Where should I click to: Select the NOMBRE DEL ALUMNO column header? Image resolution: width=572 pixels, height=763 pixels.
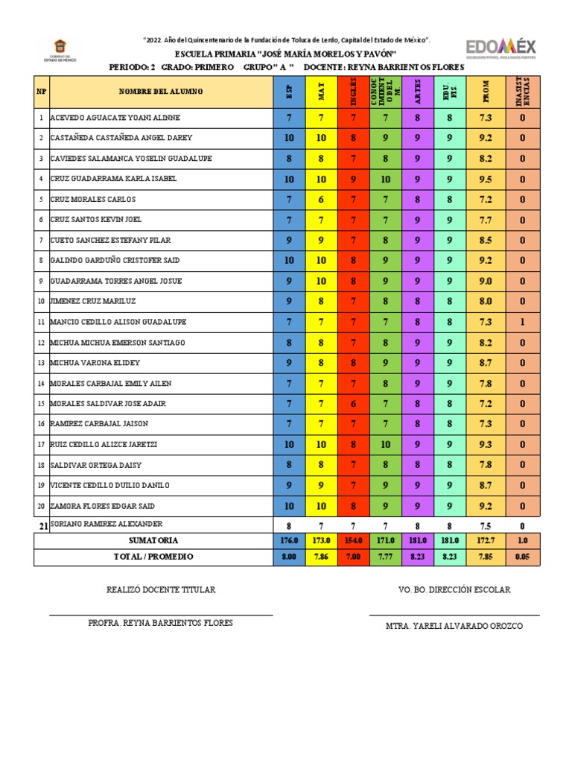pyautogui.click(x=159, y=92)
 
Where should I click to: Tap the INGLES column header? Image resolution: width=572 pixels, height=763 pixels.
pyautogui.click(x=354, y=91)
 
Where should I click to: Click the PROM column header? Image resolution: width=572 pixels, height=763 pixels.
pyautogui.click(x=486, y=91)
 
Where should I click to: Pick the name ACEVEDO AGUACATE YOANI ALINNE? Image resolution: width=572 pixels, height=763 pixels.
pyautogui.click(x=115, y=118)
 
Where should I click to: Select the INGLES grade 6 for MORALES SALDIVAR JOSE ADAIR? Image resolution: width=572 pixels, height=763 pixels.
pyautogui.click(x=354, y=403)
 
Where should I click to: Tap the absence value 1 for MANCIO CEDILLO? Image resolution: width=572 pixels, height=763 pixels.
pyautogui.click(x=524, y=322)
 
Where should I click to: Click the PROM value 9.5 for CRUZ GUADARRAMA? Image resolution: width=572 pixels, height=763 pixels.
pyautogui.click(x=486, y=179)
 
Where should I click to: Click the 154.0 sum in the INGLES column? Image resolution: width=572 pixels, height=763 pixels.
pyautogui.click(x=354, y=540)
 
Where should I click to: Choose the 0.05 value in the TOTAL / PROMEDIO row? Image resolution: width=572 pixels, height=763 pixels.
pyautogui.click(x=524, y=557)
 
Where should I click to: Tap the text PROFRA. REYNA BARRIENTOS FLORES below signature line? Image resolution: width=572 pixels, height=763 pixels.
pyautogui.click(x=160, y=623)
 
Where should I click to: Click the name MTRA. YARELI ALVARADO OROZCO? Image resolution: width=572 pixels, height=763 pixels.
pyautogui.click(x=454, y=626)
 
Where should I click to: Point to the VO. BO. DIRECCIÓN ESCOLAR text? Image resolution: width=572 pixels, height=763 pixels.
pyautogui.click(x=454, y=589)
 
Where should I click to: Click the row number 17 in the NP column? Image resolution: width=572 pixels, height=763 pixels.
pyautogui.click(x=41, y=444)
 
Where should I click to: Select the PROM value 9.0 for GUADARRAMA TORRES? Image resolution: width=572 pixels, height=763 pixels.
pyautogui.click(x=486, y=281)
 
